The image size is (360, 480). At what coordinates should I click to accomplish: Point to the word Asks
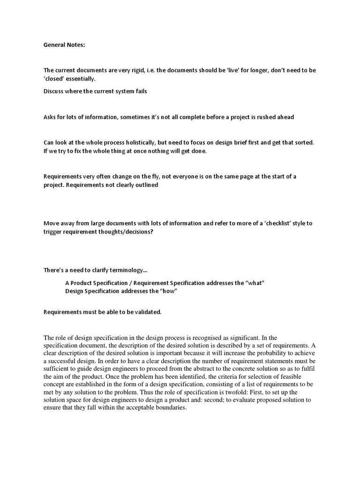[x=51, y=117]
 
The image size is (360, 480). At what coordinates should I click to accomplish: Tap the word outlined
[x=145, y=185]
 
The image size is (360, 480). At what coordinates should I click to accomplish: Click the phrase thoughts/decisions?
[x=124, y=232]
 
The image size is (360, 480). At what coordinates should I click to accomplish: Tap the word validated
[x=143, y=312]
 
